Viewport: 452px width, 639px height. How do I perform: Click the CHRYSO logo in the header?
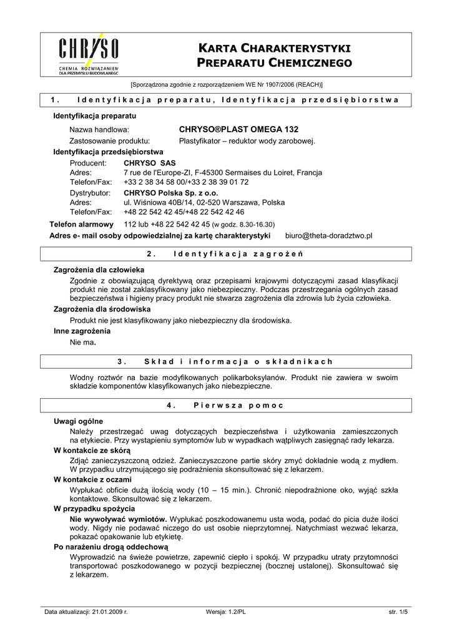[89, 54]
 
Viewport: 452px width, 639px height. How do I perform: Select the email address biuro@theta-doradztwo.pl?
[328, 235]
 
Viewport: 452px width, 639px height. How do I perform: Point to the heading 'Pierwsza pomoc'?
[238, 405]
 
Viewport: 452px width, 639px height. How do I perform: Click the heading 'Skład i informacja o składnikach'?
[238, 361]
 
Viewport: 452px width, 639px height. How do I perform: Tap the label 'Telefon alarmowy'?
[82, 224]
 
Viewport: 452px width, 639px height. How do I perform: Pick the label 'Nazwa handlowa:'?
[99, 129]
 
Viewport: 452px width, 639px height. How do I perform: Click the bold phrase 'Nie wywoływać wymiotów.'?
[119, 519]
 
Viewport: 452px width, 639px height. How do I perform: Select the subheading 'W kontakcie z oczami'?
[93, 479]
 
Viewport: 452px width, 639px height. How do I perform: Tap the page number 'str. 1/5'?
[398, 612]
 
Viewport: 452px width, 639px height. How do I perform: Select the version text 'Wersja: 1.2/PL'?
[226, 612]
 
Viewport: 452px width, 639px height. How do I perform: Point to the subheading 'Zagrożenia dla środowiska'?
[102, 310]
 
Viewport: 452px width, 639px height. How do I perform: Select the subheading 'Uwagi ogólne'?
[79, 421]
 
